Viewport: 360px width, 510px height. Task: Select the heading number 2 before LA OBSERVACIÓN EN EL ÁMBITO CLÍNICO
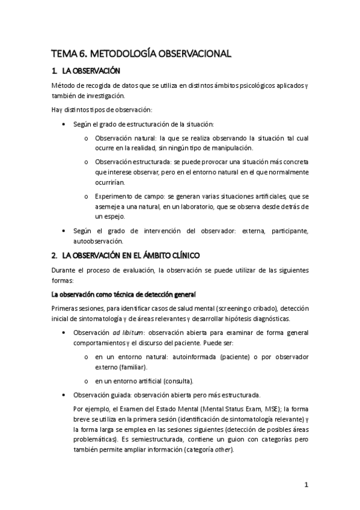pos(55,254)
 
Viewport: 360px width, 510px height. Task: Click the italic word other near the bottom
pos(224,450)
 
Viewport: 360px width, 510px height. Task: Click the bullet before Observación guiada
pos(65,396)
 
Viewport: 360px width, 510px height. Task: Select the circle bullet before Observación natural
pos(87,138)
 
